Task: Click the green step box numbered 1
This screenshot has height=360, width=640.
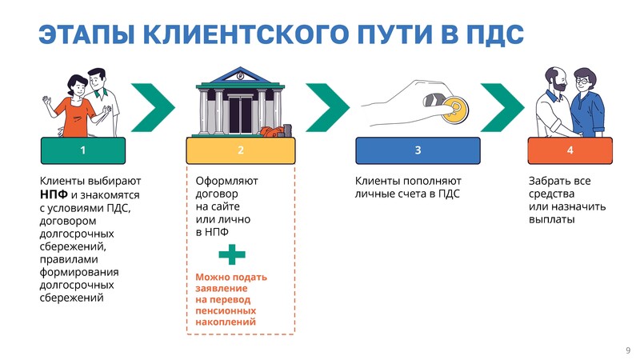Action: (83, 150)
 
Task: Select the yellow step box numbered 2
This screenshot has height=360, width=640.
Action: (241, 150)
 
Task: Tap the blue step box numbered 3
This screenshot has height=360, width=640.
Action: (418, 150)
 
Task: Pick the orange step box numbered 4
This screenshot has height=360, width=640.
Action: (570, 150)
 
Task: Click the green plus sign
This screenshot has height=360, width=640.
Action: (232, 254)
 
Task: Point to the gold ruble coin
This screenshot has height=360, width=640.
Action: (454, 110)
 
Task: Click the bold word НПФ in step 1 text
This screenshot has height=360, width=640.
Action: (54, 194)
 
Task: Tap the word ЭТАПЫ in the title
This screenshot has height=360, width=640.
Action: (86, 34)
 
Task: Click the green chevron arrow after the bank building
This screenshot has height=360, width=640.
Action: (327, 108)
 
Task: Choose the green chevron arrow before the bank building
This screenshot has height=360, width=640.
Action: (153, 108)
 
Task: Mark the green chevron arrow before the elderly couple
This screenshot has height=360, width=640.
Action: (502, 108)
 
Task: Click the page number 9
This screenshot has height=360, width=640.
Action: (628, 350)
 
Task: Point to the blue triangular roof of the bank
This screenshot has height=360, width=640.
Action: (240, 75)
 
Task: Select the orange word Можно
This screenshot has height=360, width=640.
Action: (212, 277)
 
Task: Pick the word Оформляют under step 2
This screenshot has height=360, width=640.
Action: (226, 181)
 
